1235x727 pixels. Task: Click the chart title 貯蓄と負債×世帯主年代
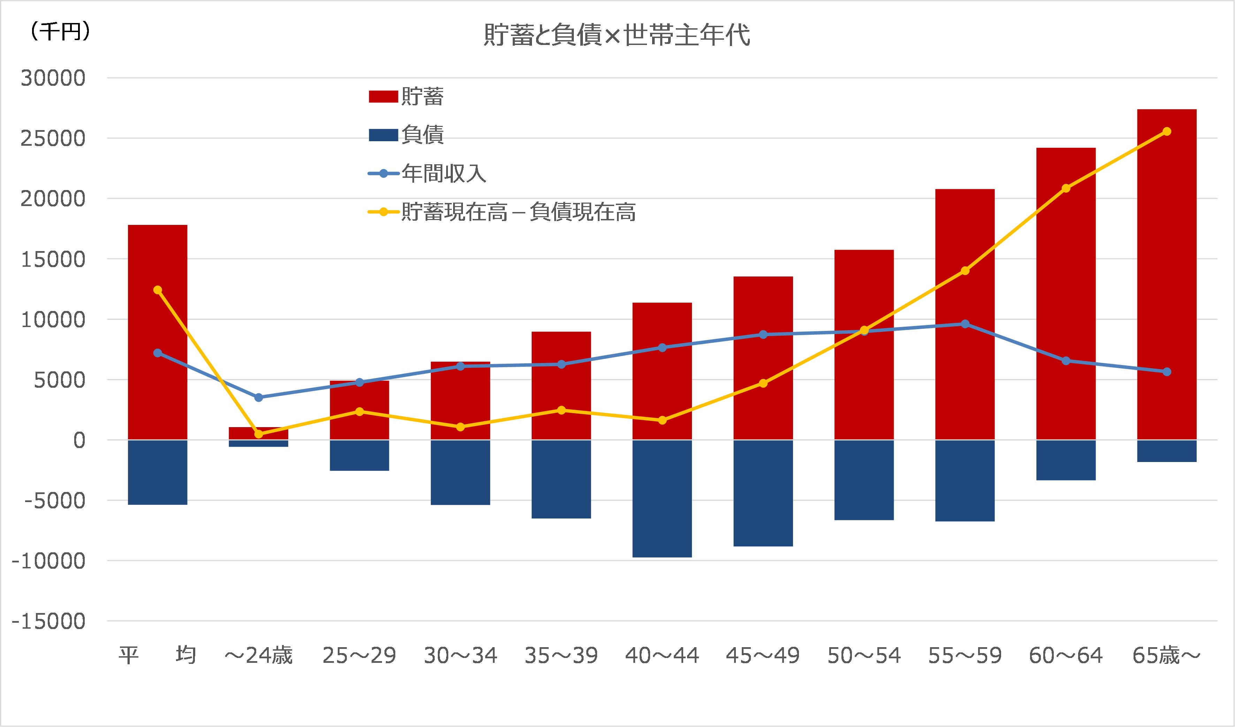[x=617, y=35]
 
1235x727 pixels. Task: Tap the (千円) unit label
[x=60, y=32]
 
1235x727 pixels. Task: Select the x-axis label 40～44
[x=662, y=656]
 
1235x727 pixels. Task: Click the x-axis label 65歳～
[x=1166, y=656]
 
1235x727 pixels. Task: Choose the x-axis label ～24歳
[x=258, y=656]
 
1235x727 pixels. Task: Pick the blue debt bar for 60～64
[x=1066, y=460]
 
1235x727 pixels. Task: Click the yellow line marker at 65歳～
[x=1167, y=131]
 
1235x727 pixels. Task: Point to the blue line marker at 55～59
[x=965, y=324]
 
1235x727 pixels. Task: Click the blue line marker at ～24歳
[x=259, y=397]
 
